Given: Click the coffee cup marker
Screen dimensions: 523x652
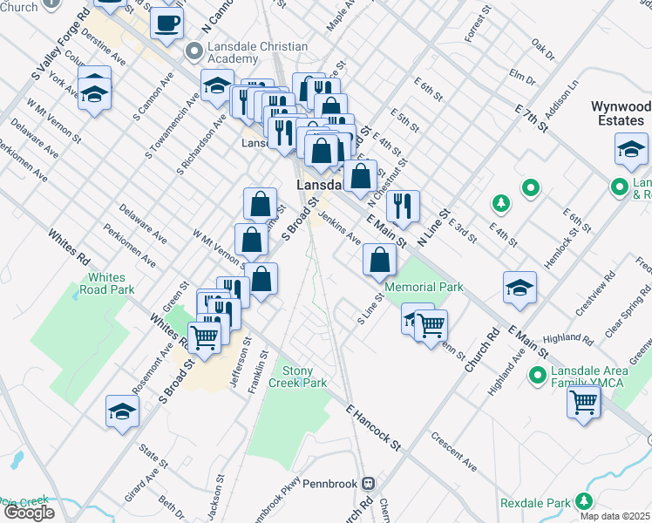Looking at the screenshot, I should (x=166, y=24).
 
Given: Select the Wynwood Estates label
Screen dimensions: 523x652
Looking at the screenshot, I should (x=621, y=112).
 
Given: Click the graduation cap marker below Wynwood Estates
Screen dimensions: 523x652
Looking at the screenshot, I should (x=630, y=150).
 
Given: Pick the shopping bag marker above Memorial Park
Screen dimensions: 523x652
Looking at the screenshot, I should (x=379, y=259).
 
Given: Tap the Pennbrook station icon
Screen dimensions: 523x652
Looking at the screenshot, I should (x=369, y=482).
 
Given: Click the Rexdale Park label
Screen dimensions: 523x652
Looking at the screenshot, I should (x=534, y=503).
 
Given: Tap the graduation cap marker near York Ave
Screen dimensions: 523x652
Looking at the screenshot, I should (x=94, y=91).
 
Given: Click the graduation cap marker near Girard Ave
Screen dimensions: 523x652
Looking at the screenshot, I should (x=122, y=412).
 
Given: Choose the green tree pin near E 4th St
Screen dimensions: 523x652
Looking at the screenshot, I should (x=500, y=203).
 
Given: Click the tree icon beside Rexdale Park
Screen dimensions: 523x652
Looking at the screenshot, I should (x=583, y=501).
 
